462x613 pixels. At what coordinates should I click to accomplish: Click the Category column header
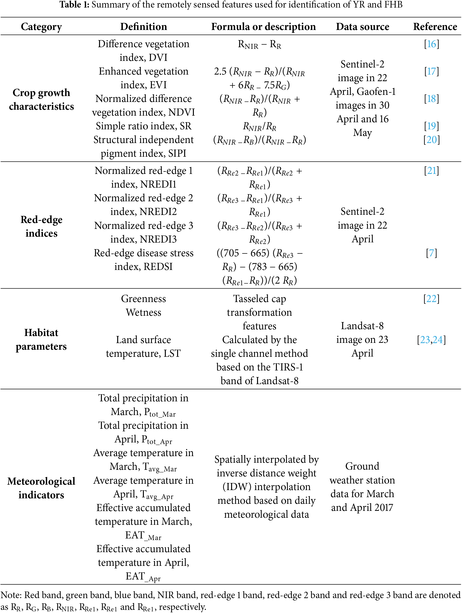[41, 27]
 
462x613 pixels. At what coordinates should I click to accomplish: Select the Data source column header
[362, 27]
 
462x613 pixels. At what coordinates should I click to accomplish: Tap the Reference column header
[435, 27]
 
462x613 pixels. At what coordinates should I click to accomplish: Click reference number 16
[431, 44]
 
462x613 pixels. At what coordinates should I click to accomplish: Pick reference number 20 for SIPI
[432, 140]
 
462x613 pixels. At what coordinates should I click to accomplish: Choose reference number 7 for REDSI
[431, 253]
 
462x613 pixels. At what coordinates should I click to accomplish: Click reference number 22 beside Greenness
[431, 298]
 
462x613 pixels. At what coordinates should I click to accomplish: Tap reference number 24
[438, 340]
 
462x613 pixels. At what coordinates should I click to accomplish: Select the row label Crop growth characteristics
[41, 99]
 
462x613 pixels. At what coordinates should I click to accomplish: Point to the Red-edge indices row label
[41, 226]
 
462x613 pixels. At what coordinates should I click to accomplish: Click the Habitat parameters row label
[41, 339]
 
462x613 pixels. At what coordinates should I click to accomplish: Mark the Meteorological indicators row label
[41, 488]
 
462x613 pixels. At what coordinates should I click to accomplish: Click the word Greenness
[143, 298]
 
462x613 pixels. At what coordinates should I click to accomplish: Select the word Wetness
[143, 312]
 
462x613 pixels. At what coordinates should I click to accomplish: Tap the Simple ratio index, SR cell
[143, 126]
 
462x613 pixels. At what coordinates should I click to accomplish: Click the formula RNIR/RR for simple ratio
[259, 127]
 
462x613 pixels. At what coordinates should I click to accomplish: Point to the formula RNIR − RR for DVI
[259, 44]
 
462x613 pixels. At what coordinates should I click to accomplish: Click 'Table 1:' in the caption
[74, 5]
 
